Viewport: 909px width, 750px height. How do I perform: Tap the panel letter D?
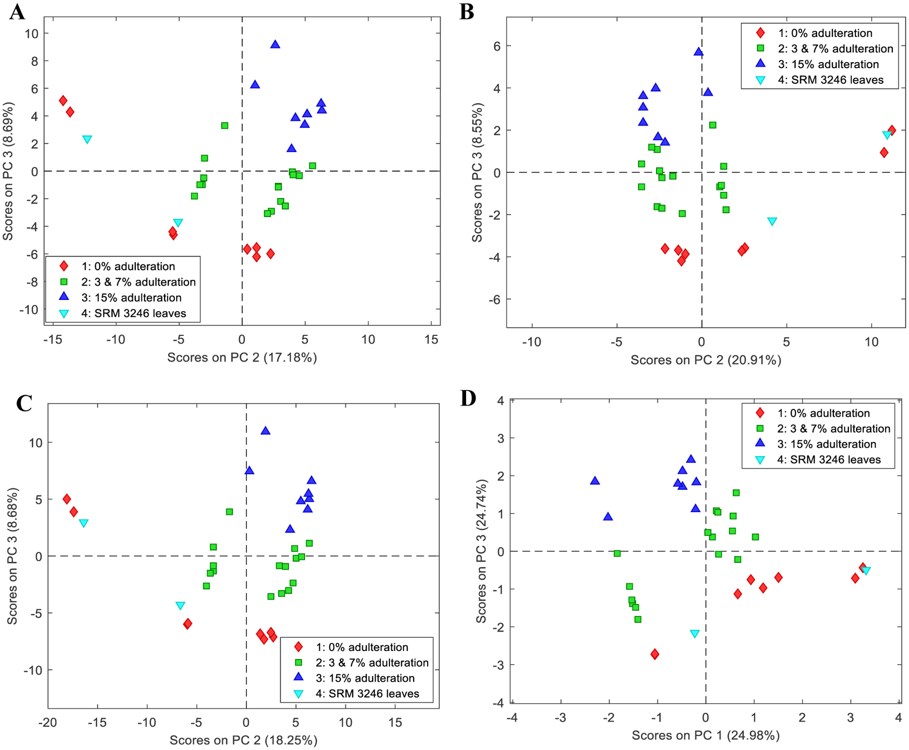click(468, 398)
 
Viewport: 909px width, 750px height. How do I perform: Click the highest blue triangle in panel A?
click(275, 44)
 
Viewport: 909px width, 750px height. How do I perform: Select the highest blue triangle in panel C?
click(265, 431)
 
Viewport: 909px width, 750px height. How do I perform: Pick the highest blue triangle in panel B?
click(698, 52)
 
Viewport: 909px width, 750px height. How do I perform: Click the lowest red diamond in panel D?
click(654, 654)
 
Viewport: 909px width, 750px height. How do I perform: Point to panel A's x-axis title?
click(242, 358)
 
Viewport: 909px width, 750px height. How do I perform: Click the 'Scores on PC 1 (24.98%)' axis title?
click(705, 735)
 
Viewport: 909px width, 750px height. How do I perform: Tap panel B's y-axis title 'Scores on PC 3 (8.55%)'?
click(477, 172)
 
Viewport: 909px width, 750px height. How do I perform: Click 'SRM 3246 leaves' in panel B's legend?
click(830, 80)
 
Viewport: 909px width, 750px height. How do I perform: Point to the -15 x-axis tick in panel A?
click(53, 339)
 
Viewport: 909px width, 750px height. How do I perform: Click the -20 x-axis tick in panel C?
click(47, 722)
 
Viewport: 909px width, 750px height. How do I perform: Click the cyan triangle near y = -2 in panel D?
click(694, 634)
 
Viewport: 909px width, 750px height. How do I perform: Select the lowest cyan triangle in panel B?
click(772, 221)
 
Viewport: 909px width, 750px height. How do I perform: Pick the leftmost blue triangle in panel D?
click(595, 481)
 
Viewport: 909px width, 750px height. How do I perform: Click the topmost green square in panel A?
click(225, 125)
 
